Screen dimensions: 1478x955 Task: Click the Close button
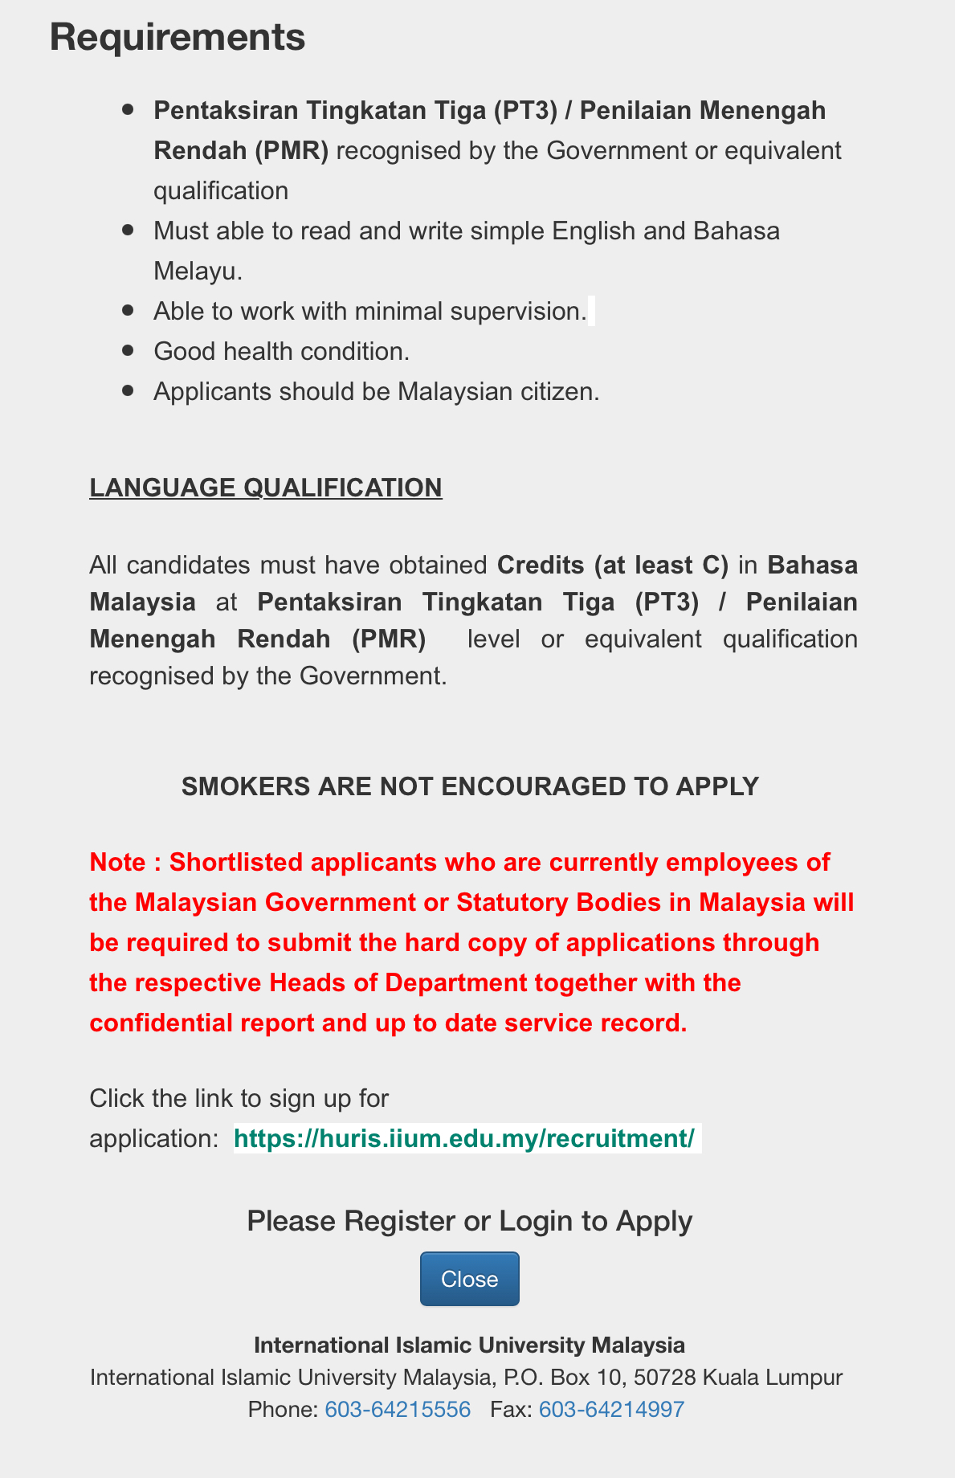(469, 1278)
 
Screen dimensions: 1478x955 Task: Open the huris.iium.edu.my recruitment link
(464, 1138)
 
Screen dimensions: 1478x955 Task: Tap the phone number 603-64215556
(398, 1409)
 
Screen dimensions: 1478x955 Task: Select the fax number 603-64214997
(611, 1409)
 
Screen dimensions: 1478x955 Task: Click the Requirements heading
(178, 38)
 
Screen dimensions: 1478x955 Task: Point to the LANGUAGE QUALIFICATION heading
(266, 488)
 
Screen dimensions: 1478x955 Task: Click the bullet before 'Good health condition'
(128, 350)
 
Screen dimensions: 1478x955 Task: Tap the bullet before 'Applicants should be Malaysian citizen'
(128, 390)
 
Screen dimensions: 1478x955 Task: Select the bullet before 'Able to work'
(128, 310)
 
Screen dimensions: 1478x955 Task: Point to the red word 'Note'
(117, 862)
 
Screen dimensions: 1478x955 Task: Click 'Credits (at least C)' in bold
(613, 565)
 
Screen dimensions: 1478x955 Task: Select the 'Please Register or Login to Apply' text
(469, 1221)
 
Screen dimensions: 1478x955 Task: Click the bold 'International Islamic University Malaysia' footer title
(469, 1345)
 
